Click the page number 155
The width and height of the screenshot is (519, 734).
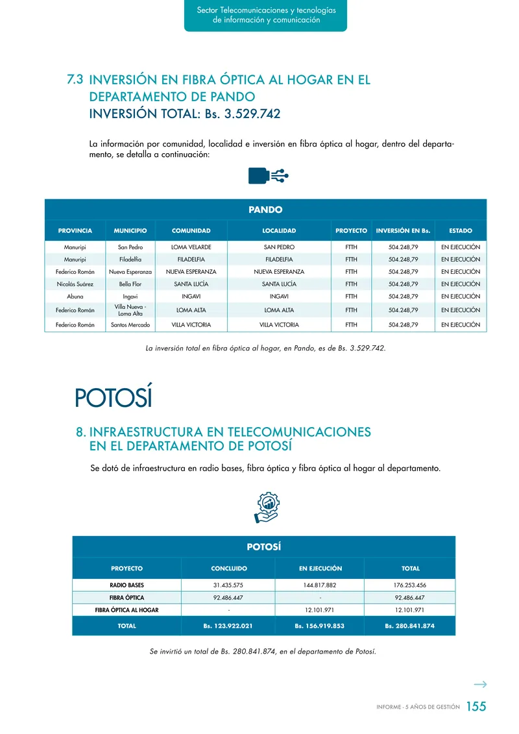476,707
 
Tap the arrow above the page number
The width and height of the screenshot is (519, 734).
480,684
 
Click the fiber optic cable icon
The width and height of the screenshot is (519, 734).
268,176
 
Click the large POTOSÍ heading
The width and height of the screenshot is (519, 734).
113,397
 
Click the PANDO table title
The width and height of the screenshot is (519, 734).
265,210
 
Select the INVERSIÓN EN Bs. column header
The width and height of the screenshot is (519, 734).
403,230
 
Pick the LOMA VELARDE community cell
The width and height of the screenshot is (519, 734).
191,247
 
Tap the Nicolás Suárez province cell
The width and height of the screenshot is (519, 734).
75,284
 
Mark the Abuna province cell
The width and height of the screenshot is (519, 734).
75,297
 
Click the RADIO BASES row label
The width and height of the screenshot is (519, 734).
127,585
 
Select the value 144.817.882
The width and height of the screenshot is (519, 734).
320,585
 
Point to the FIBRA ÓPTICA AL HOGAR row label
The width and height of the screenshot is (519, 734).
127,610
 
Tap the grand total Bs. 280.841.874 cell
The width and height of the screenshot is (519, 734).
409,626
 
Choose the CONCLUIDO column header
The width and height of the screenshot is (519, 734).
229,569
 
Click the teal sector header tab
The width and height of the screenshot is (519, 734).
265,16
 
